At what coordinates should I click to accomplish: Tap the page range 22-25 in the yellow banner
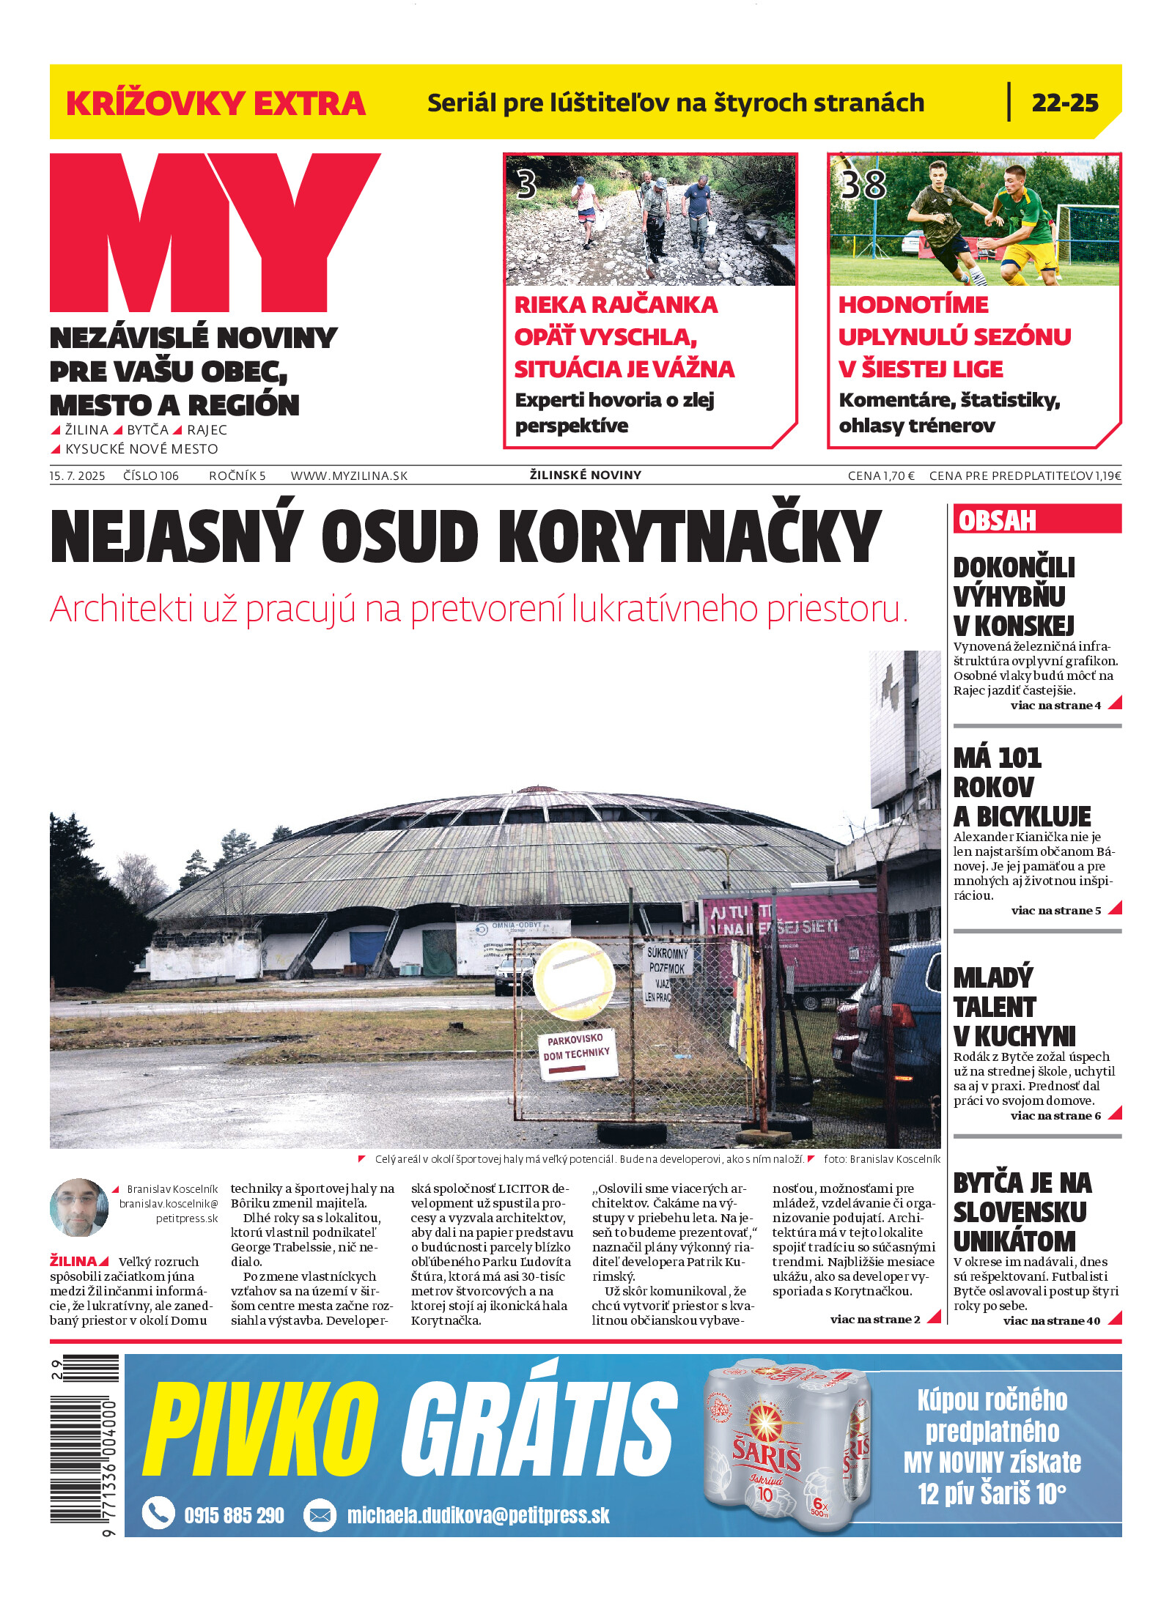tap(1064, 103)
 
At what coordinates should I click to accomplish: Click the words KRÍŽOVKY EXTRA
tap(215, 103)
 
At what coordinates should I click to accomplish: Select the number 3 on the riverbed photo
tap(526, 185)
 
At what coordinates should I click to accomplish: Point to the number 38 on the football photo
tap(863, 185)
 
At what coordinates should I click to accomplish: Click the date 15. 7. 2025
tap(77, 476)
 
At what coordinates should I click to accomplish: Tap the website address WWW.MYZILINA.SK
tap(349, 476)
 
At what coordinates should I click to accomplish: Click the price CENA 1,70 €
tap(880, 476)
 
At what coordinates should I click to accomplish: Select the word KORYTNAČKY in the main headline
tap(689, 537)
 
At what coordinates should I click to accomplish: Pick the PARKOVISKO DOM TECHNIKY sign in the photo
tap(578, 1054)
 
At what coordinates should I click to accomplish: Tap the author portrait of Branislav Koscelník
tap(79, 1207)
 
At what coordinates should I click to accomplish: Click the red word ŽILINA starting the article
tap(73, 1261)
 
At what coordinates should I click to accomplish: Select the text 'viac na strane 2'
tap(874, 1319)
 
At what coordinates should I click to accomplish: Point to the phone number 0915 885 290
tap(234, 1514)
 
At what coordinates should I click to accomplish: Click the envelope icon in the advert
tap(320, 1514)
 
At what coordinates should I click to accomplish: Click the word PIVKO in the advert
tap(260, 1429)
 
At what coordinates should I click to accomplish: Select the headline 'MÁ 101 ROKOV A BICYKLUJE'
tap(1021, 786)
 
